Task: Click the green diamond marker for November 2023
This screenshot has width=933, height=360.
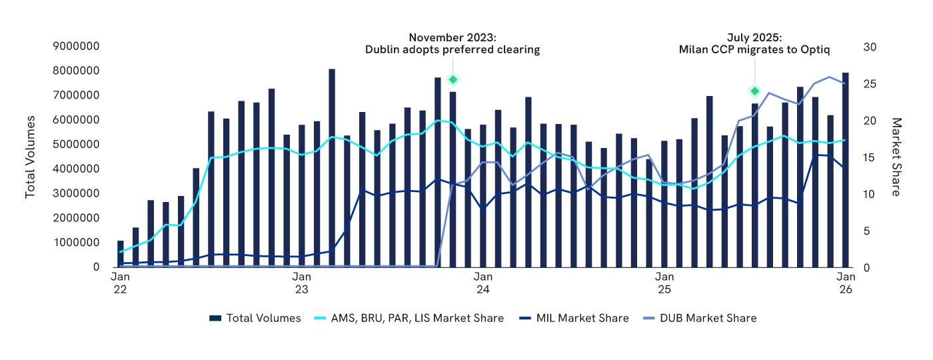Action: (x=453, y=80)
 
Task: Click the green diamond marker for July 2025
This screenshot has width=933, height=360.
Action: (x=755, y=91)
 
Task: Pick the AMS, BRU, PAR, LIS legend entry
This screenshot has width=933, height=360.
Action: (x=408, y=318)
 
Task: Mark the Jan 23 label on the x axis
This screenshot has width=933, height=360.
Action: (x=301, y=283)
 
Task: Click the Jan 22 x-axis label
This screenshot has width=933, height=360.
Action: (x=120, y=283)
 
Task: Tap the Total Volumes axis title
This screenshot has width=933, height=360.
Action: (x=30, y=157)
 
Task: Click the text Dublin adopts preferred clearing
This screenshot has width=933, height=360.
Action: (x=453, y=50)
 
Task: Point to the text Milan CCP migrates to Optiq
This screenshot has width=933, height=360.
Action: (x=754, y=50)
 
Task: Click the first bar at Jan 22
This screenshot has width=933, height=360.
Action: (x=121, y=254)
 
